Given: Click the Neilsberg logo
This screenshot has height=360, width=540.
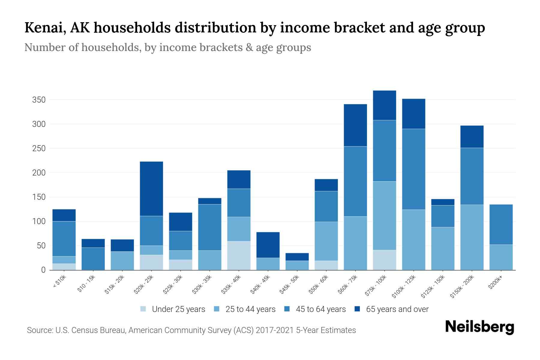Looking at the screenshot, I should pos(479,327).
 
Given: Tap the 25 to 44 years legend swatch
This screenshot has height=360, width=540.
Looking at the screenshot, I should pos(217,309).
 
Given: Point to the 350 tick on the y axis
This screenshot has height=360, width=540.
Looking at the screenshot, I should pos(39,100).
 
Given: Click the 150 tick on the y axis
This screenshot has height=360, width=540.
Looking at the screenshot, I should pos(39,197).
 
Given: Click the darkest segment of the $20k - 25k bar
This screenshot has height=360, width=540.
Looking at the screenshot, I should pos(151,189).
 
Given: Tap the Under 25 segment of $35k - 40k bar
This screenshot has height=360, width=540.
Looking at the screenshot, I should pos(239,255).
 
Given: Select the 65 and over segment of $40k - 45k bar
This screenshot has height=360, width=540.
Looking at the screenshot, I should pos(268,245).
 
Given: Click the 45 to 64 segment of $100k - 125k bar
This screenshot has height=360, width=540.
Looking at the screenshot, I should pos(414,169).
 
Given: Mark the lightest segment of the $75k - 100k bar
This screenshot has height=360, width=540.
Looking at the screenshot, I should pos(385,260).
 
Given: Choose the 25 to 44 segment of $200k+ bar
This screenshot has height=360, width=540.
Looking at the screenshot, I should pos(501,257).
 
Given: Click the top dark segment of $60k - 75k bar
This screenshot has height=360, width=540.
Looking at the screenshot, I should pos(355,125).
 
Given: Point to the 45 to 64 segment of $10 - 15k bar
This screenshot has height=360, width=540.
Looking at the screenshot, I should pos(93,259).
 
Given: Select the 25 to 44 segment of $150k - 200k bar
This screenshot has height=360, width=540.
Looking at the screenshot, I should pos(472,237).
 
